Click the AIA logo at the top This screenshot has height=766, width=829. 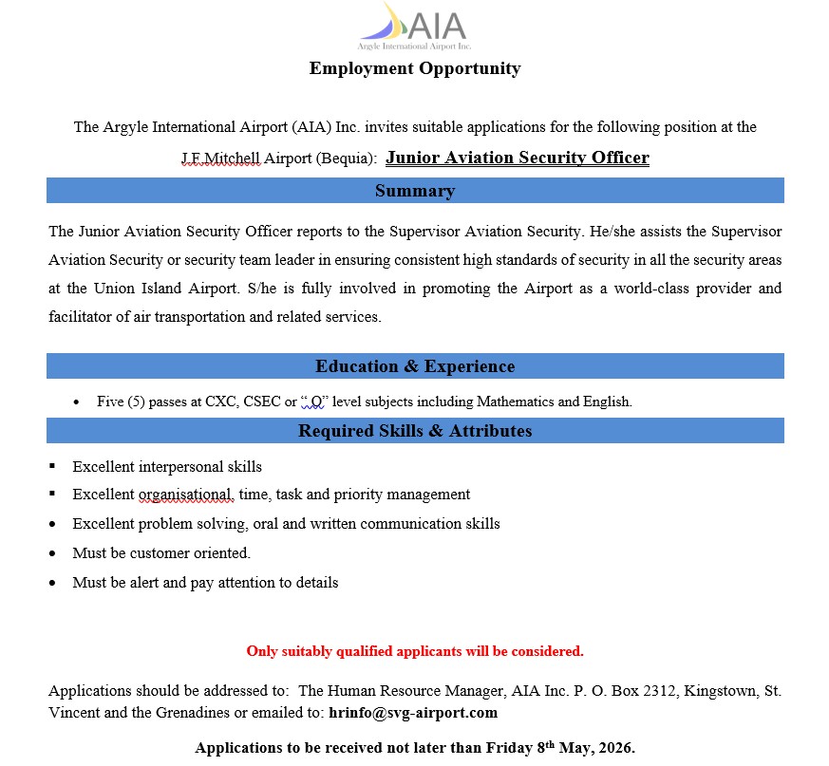tap(414, 26)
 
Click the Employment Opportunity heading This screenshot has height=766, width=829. tap(415, 68)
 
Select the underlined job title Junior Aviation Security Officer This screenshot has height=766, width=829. tap(518, 158)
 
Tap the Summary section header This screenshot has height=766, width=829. tap(415, 191)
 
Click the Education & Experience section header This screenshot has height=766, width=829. tap(415, 366)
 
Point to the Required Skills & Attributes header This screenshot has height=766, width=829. tap(415, 431)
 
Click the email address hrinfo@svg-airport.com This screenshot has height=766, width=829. tap(413, 712)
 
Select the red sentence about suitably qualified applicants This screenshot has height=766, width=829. tap(415, 651)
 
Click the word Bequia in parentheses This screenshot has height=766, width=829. tap(349, 159)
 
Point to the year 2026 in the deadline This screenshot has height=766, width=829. tap(614, 748)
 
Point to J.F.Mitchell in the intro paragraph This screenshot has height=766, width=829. tap(220, 159)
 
